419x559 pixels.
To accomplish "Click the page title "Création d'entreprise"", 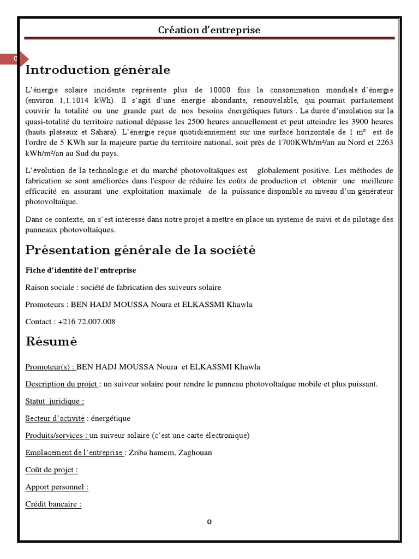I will coord(209,30).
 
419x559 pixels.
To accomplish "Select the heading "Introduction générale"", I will coord(98,70).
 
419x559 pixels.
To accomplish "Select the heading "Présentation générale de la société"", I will coord(140,250).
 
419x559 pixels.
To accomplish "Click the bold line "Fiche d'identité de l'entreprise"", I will coord(81,270).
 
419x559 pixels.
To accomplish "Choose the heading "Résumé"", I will coord(51,342).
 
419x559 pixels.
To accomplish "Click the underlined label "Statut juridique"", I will coord(55,401).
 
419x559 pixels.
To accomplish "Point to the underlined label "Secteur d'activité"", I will coord(55,418).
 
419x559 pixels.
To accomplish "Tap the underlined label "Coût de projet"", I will coord(51,469).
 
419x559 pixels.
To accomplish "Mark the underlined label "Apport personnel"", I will coord(57,486).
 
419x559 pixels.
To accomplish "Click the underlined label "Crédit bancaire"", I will coord(53,504).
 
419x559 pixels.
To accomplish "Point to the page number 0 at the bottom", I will coord(209,522).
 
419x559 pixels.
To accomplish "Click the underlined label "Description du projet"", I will coord(62,384).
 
